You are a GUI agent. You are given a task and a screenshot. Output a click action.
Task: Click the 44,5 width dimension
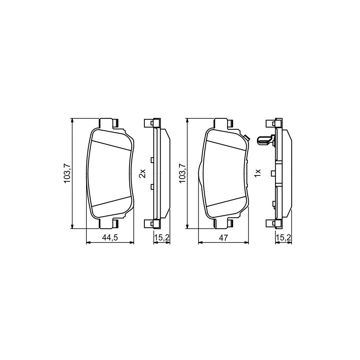coord(110,238)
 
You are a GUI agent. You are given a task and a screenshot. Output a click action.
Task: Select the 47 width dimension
coord(223,238)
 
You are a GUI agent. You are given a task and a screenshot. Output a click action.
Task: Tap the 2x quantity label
coord(142,174)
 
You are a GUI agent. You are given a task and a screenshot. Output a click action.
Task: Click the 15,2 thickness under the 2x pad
coord(162,238)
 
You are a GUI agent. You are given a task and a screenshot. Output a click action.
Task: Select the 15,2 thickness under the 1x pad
coord(284,238)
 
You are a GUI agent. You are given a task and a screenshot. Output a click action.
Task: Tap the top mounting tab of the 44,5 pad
coord(108,123)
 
